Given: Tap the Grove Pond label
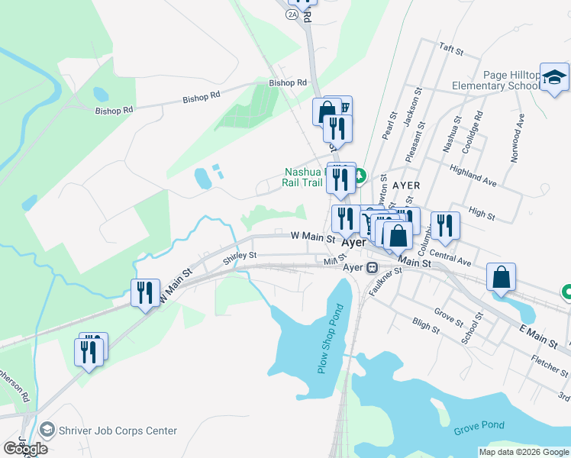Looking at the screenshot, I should [x=476, y=430].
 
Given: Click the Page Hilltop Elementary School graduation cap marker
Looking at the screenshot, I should [x=554, y=77].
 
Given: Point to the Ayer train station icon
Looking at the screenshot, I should [x=372, y=268].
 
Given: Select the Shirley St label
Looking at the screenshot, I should [x=239, y=257].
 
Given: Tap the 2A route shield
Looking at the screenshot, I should [x=292, y=14].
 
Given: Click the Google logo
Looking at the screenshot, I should [x=25, y=449].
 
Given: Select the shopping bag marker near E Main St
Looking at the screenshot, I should [x=501, y=279].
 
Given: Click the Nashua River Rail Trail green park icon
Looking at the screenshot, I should [x=360, y=177].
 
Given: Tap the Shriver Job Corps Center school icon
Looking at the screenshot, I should [x=47, y=431].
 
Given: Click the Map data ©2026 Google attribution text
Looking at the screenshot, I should [x=523, y=452].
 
